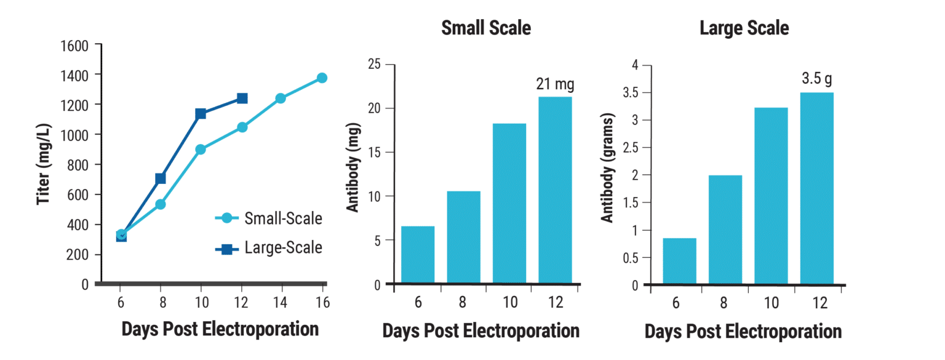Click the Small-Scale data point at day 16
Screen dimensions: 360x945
(322, 78)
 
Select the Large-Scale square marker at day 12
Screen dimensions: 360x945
(242, 98)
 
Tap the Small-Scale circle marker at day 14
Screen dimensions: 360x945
(281, 98)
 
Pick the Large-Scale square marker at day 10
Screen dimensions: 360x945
(201, 114)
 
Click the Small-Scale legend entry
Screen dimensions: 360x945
(268, 218)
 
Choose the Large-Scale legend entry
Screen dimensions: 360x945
(268, 248)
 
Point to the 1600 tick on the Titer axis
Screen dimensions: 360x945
(74, 46)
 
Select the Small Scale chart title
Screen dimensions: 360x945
(486, 28)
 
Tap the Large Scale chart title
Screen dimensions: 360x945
(744, 28)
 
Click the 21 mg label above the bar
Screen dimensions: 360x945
(556, 84)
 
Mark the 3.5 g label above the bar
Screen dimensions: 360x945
(816, 79)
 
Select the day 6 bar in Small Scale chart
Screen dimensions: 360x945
(418, 255)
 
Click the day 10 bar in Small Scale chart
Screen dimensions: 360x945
(509, 203)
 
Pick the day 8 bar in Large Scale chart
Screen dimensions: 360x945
(725, 230)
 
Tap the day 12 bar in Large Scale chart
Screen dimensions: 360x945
(816, 188)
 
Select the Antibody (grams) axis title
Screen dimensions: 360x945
(608, 168)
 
